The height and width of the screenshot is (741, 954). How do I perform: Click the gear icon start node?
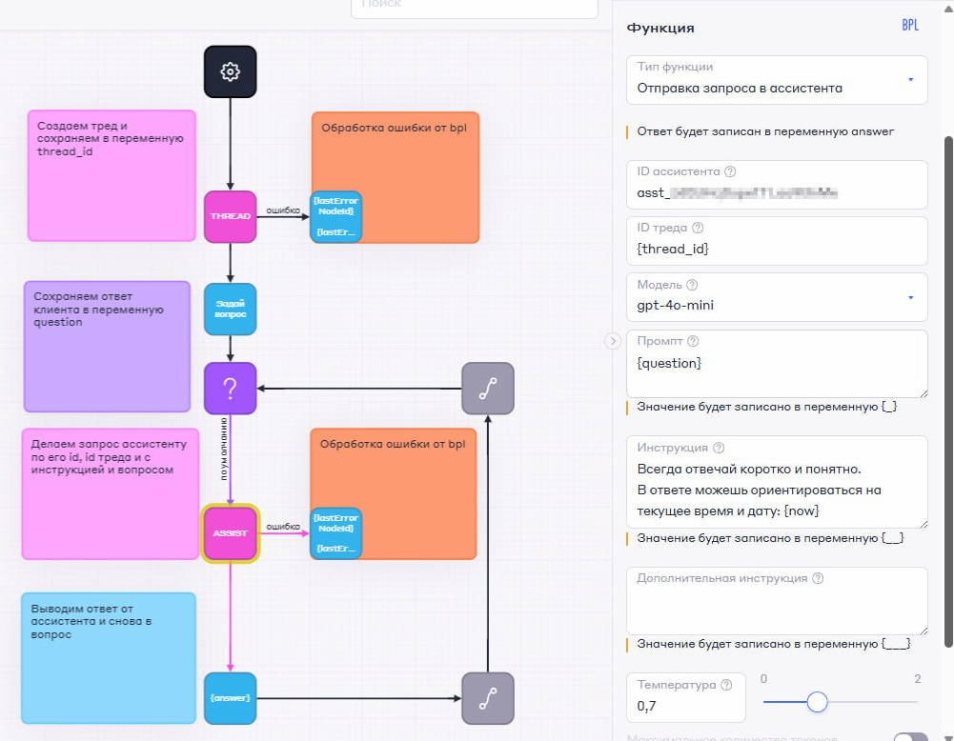[x=230, y=71]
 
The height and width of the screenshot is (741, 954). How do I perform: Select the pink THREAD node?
[x=231, y=216]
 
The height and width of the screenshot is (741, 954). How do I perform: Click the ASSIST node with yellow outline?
[x=231, y=533]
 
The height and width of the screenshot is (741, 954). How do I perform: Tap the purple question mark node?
[x=231, y=388]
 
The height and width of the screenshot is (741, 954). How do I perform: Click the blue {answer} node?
[x=231, y=698]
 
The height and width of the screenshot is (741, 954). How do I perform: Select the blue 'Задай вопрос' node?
[x=231, y=309]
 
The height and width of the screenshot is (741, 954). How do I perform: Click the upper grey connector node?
[x=487, y=388]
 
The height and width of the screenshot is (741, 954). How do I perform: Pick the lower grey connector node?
[x=487, y=698]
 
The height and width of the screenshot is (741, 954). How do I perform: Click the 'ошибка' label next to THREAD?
[x=283, y=210]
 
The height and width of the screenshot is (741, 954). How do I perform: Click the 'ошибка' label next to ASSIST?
[x=283, y=526]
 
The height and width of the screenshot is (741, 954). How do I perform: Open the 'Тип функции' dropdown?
[x=777, y=79]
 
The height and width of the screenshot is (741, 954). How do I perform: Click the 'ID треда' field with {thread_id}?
[x=777, y=240]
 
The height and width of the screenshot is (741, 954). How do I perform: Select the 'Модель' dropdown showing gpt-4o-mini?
[x=777, y=296]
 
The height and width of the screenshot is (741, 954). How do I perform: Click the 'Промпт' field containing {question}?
[x=777, y=364]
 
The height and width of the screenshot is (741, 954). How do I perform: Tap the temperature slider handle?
[x=817, y=702]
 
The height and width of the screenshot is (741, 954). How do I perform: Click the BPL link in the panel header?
[x=910, y=26]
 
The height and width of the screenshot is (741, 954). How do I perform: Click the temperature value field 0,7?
[x=685, y=707]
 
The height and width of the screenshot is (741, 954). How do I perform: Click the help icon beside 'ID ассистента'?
[x=731, y=172]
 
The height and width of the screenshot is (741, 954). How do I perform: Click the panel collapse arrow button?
[x=613, y=341]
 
